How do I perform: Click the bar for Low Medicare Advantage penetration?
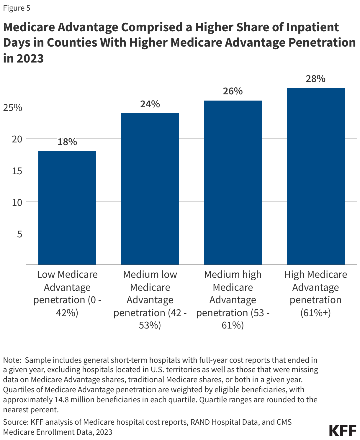tap(67, 208)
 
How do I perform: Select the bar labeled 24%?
tap(150, 189)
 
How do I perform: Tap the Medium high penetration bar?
tap(233, 183)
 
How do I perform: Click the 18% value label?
tap(67, 142)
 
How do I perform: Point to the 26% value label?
tap(233, 91)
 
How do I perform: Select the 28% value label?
tap(315, 79)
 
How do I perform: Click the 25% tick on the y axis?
tap(13, 108)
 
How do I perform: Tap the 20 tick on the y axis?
tap(17, 139)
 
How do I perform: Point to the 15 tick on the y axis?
tap(17, 171)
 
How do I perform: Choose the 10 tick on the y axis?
tap(17, 202)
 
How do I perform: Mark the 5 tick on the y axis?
tap(19, 234)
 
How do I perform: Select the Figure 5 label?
tap(17, 8)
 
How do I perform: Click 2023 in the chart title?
tap(30, 58)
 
